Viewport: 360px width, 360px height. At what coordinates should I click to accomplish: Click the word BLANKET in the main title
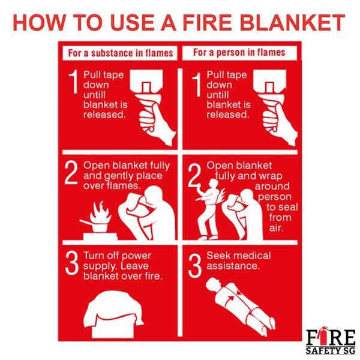pos(293,23)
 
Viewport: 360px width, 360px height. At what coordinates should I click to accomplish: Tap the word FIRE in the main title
pos(208,23)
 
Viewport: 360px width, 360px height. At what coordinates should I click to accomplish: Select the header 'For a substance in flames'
pos(121,53)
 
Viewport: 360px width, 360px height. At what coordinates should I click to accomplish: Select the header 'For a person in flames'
pos(239,52)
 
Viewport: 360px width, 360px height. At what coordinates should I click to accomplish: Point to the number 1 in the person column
pos(197,85)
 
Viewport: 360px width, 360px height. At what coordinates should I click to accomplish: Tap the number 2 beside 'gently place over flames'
pos(71,172)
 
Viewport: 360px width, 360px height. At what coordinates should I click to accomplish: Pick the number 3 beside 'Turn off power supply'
pos(71,263)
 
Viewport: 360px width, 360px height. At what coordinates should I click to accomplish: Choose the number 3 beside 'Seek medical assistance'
pos(195,266)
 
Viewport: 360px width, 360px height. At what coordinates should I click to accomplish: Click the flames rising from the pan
pos(100,212)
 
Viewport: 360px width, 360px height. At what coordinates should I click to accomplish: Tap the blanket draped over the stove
pos(113,309)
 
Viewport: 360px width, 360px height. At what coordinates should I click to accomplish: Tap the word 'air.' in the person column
pos(275,228)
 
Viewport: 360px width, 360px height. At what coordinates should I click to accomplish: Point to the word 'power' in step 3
pos(136,256)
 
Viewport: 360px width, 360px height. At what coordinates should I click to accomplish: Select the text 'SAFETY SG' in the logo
pos(331,350)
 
